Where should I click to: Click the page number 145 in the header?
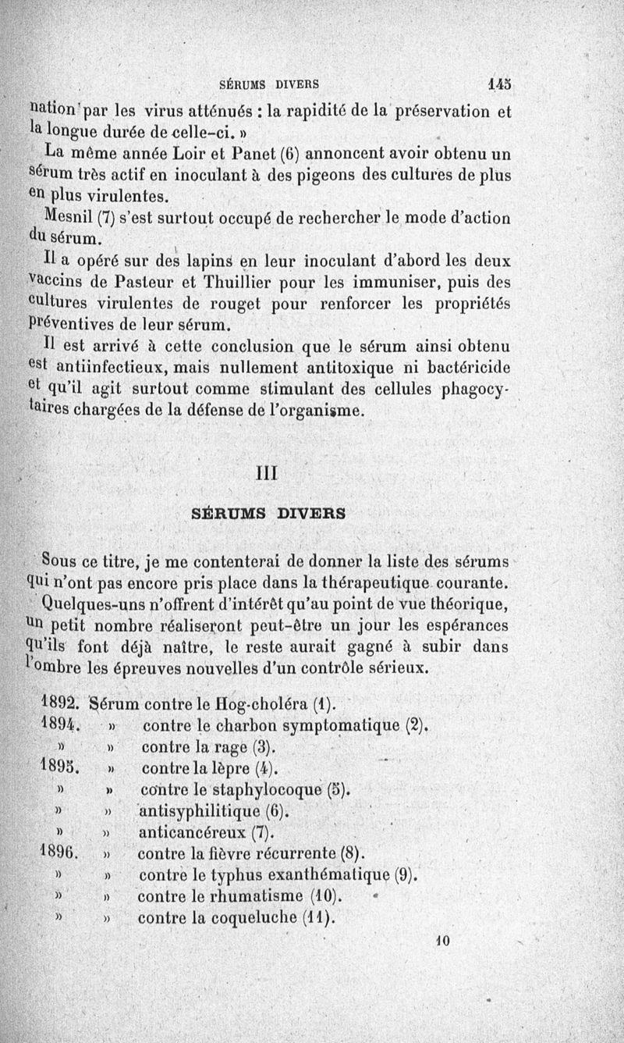[x=499, y=80]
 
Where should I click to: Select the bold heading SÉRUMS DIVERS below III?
[x=269, y=514]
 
